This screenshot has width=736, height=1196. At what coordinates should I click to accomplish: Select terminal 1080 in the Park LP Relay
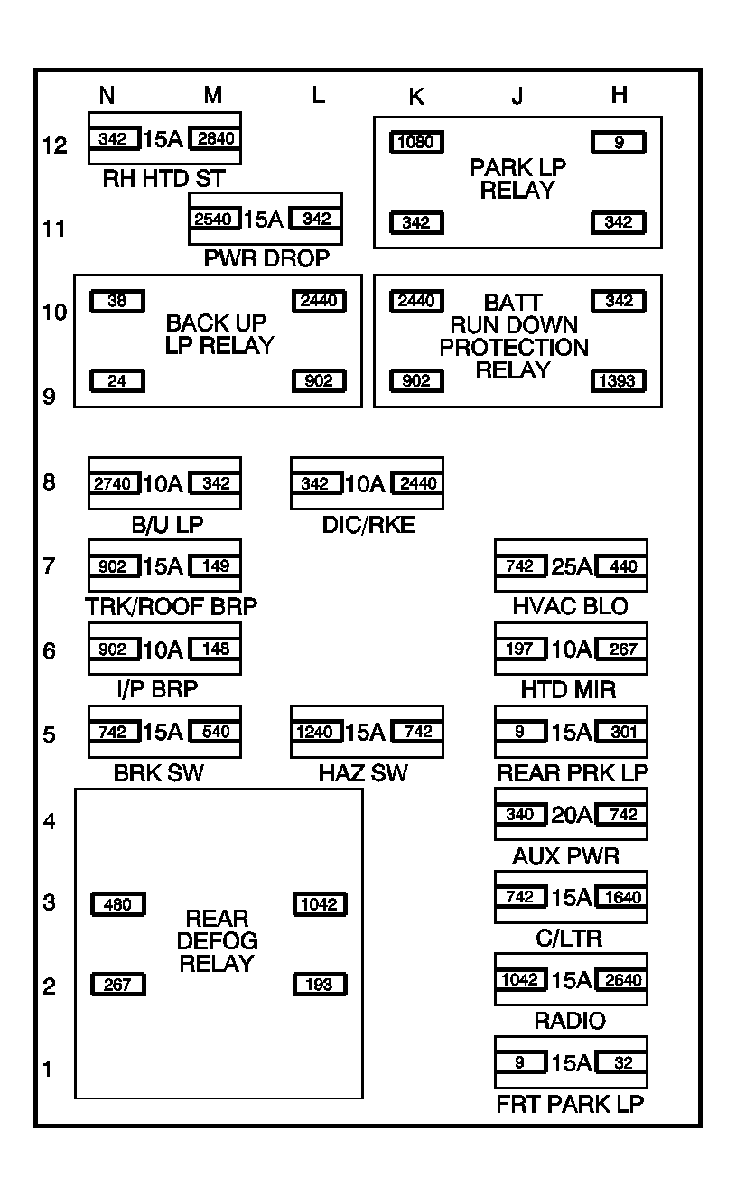[x=416, y=142]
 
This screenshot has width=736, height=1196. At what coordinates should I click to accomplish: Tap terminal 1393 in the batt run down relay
[x=619, y=380]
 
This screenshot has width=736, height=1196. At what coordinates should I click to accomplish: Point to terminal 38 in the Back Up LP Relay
[x=117, y=301]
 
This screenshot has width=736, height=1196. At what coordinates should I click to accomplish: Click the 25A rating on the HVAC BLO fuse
[x=571, y=567]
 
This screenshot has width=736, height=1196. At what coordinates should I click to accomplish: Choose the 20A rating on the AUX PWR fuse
[x=571, y=815]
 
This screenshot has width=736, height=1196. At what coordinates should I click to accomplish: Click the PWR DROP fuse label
[x=266, y=259]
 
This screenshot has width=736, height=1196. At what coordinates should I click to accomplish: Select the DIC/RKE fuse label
[x=368, y=525]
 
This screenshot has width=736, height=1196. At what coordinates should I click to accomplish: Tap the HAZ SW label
[x=363, y=773]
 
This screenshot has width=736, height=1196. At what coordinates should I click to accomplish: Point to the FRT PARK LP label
[x=570, y=1104]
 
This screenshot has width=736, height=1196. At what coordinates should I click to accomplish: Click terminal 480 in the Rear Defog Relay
[x=117, y=904]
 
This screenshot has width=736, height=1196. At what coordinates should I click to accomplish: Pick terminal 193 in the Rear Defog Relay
[x=320, y=985]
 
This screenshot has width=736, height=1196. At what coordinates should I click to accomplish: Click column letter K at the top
[x=415, y=97]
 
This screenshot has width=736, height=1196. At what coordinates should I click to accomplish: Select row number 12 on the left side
[x=55, y=145]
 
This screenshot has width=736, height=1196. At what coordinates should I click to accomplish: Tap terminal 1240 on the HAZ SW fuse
[x=317, y=733]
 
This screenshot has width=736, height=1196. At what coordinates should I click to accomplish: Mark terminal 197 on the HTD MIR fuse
[x=520, y=649]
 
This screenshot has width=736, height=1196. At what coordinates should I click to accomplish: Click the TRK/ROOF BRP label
[x=172, y=607]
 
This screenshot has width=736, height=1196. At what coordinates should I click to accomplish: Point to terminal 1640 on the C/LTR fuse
[x=620, y=898]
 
